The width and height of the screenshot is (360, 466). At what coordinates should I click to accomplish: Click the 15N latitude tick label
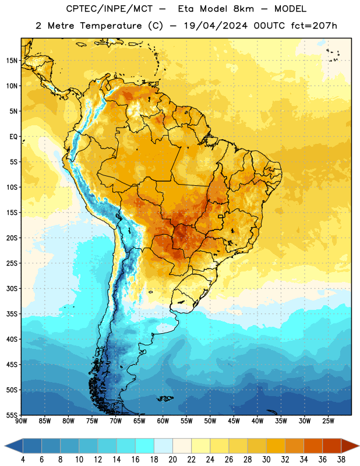pos(12,61)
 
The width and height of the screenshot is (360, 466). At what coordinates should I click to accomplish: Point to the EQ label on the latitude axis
pos(13,137)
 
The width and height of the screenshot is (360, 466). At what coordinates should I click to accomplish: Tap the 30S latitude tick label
pos(12,288)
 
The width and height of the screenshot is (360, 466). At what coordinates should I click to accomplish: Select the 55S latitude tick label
pos(12,415)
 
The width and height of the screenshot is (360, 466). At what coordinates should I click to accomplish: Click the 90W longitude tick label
pos(21,421)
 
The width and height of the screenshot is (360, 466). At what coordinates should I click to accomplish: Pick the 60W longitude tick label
pos(163,421)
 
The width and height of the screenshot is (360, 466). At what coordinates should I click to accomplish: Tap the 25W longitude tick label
pos(328,421)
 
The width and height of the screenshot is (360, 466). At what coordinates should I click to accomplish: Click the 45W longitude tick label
pos(234,421)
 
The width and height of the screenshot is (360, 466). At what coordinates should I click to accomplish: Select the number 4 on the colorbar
pos(23,460)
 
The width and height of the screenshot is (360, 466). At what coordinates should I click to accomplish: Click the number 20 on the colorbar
pos(172,460)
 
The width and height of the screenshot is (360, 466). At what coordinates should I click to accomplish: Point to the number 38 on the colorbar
pos(341,460)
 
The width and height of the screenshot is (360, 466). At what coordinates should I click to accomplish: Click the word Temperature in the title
pos(111,26)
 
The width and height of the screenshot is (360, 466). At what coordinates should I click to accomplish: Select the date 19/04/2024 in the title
pos(216,26)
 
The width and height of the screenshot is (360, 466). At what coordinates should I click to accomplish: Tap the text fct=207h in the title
pos(314,26)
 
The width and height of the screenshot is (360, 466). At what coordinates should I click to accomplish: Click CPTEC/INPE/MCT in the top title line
pos(109,9)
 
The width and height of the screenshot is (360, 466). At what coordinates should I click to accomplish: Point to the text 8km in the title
pos(243,9)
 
